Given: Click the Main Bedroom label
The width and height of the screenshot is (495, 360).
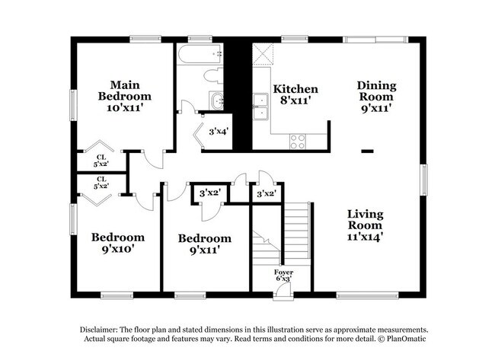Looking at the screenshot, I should [124, 97].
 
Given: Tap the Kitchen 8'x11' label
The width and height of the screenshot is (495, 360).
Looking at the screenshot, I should [295, 94].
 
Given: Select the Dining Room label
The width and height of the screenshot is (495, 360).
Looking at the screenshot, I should [375, 97].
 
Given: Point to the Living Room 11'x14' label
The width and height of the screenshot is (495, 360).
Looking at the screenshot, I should [366, 225].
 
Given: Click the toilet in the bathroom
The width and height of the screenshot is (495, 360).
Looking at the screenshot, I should [215, 75].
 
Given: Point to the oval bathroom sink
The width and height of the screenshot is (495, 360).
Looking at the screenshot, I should [217, 100].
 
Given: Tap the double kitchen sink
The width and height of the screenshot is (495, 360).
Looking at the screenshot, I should [261, 107].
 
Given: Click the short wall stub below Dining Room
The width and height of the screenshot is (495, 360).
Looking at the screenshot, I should [368, 151].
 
